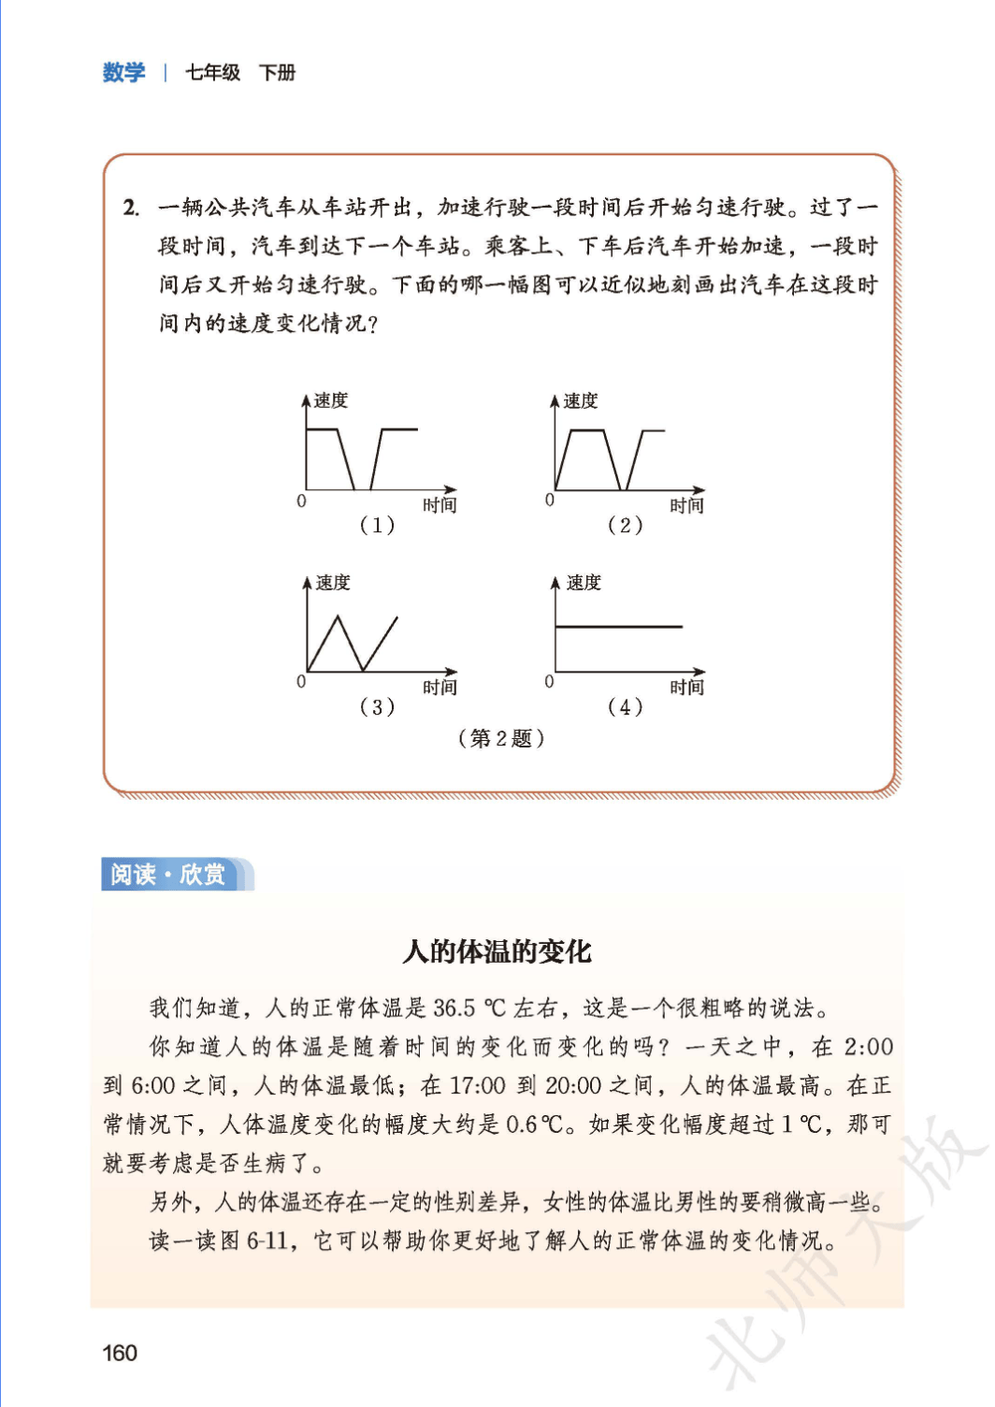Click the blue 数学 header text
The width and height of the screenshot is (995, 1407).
(124, 72)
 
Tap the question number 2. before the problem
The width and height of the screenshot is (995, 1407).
(131, 207)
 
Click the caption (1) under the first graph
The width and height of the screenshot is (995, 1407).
(377, 525)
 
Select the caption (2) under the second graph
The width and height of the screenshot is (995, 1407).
(625, 525)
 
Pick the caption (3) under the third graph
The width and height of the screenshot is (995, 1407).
(377, 706)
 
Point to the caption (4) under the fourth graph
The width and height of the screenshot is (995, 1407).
(625, 706)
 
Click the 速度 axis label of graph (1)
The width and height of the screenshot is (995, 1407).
(331, 400)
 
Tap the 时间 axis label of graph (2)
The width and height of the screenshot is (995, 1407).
(686, 505)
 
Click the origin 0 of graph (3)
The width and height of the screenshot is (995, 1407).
(301, 682)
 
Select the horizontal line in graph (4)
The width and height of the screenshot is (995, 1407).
(619, 627)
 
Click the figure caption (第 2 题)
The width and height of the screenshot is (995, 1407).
(501, 738)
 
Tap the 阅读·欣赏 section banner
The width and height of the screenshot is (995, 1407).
(168, 874)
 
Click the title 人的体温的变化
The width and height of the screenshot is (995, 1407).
(497, 951)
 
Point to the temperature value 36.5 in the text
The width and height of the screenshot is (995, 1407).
(454, 1008)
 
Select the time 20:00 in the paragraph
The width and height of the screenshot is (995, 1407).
(573, 1085)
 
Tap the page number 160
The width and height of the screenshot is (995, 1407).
(120, 1353)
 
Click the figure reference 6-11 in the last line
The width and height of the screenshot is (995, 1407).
(267, 1240)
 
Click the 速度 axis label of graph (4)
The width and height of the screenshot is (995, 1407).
(584, 583)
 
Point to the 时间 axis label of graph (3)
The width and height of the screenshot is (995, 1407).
(440, 688)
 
